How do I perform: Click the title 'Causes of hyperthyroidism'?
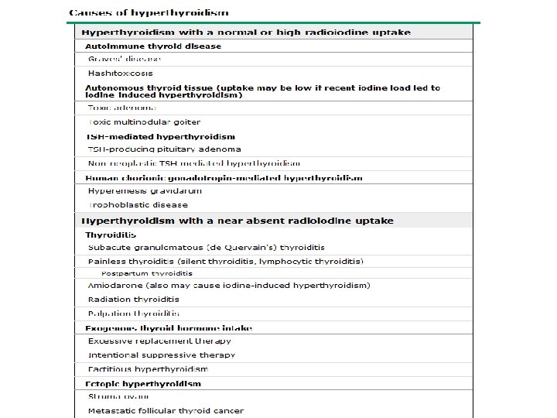(149, 13)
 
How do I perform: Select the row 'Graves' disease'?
(125, 59)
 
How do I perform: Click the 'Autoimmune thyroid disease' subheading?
(153, 46)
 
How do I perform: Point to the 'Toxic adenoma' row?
(122, 108)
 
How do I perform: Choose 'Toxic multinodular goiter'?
(144, 122)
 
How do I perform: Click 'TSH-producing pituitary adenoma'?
(164, 149)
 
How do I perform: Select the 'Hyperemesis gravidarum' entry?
(138, 190)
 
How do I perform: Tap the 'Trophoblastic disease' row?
(138, 205)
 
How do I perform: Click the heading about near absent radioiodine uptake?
(237, 221)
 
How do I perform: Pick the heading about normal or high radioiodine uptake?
(246, 33)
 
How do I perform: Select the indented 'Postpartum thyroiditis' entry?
(147, 273)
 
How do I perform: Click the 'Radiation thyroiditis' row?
(133, 300)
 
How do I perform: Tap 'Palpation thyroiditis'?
(133, 313)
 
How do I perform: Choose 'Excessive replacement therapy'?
(159, 341)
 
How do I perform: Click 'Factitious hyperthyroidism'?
(148, 369)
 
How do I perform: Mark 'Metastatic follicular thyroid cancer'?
(166, 411)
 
